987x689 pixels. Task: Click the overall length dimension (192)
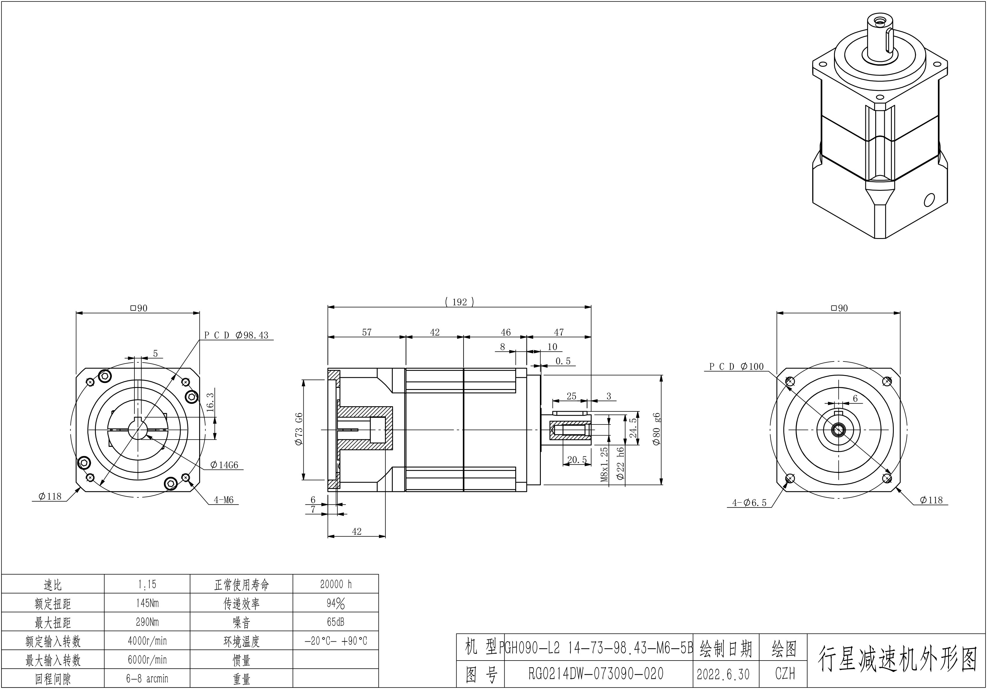[459, 302]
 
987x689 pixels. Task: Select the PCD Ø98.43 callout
[236, 335]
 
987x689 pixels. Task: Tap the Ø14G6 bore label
[224, 465]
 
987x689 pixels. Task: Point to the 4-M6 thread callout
[224, 500]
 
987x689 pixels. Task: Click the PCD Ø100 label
[736, 366]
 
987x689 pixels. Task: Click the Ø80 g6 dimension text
[656, 429]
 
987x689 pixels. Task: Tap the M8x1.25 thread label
[604, 465]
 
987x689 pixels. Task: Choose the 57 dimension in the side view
[367, 332]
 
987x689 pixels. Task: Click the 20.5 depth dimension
[577, 460]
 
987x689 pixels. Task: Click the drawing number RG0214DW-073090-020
[596, 674]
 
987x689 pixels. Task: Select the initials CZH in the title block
[785, 674]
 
